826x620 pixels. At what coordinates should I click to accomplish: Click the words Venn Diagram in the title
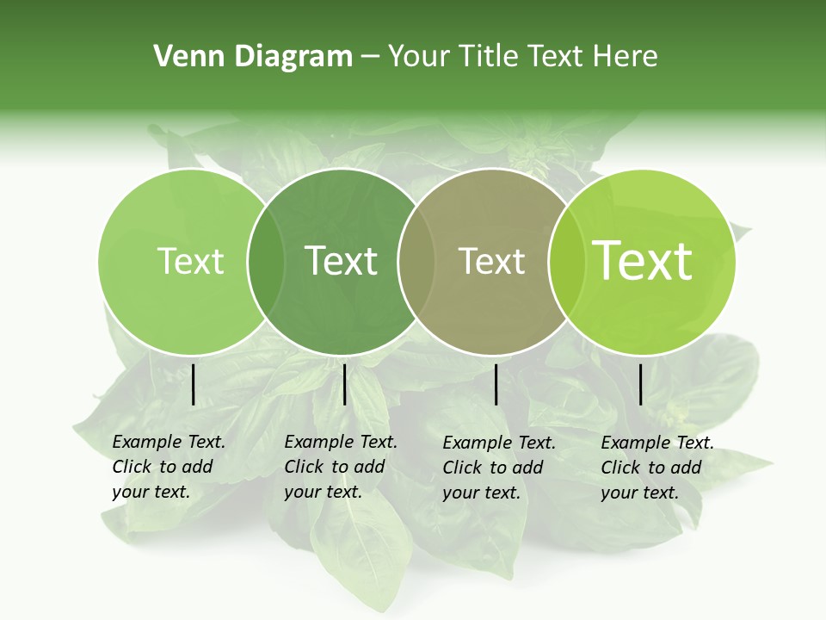(253, 57)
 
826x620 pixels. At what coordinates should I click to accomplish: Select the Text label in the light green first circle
(190, 261)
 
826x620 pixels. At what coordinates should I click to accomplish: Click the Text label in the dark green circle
(342, 261)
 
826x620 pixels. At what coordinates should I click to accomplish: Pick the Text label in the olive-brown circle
(492, 261)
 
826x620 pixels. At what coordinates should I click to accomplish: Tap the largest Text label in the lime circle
(643, 261)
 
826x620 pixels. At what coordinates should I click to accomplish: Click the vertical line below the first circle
(193, 384)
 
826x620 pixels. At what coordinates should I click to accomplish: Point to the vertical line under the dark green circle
(344, 384)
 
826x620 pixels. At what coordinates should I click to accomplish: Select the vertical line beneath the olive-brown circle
(496, 384)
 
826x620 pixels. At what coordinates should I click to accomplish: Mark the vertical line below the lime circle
(641, 384)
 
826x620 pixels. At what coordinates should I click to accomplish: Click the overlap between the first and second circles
(266, 261)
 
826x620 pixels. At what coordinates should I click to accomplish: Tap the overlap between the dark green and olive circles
(416, 261)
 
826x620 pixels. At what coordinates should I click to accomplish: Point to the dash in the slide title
(370, 57)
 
